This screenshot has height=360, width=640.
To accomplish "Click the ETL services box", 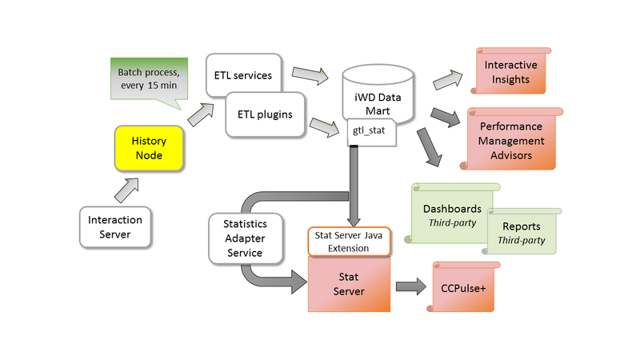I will pos(243,74).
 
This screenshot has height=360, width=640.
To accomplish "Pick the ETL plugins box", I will pos(265,114).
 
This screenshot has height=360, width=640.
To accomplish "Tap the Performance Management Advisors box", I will pos(510,140).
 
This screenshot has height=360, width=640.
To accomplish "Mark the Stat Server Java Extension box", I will pos(350,242).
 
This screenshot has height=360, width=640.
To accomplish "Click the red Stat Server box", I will pos(349,284).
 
